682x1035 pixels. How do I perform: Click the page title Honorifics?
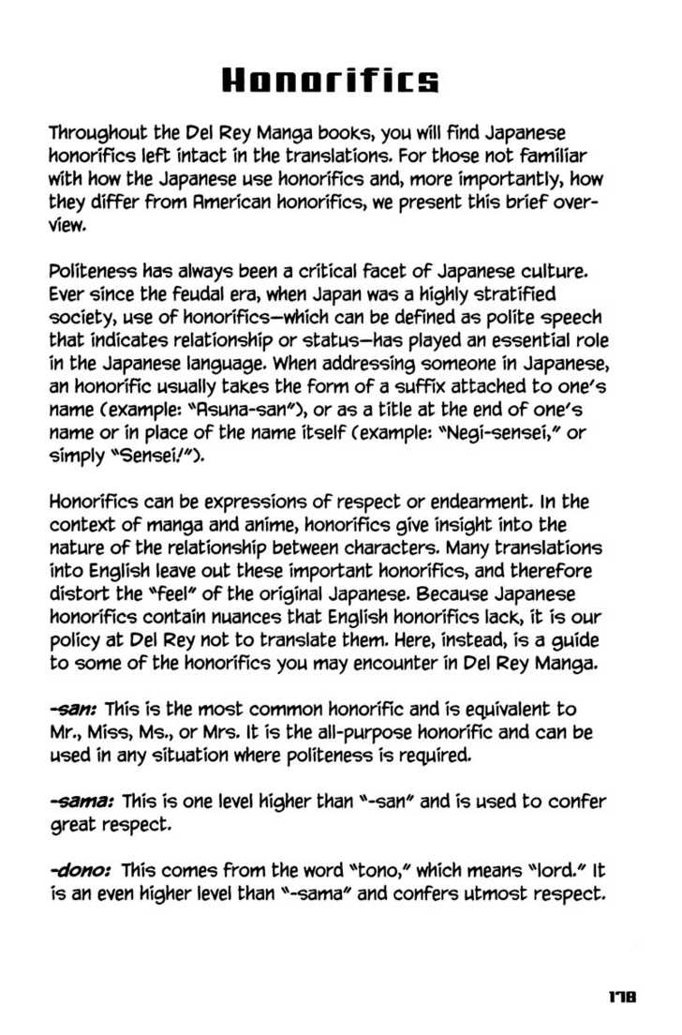tap(329, 82)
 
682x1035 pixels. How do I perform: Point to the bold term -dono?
tap(81, 871)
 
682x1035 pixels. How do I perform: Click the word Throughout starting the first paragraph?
tap(96, 134)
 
